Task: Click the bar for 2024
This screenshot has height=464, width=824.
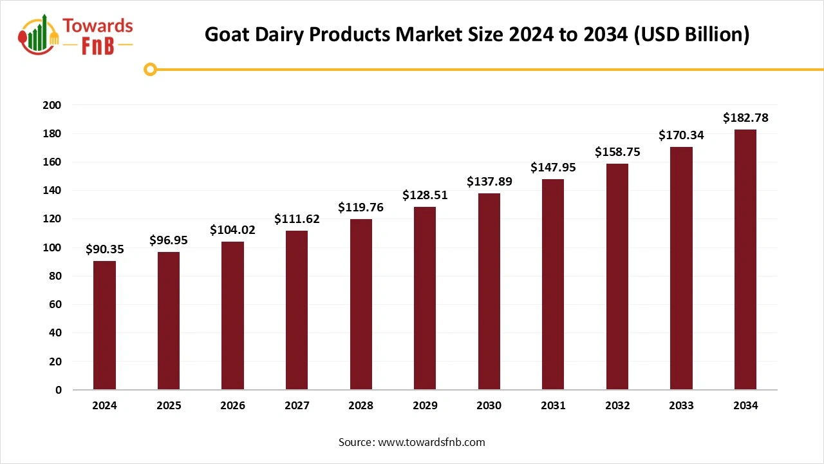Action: [x=104, y=325]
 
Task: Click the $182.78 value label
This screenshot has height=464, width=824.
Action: [x=745, y=118]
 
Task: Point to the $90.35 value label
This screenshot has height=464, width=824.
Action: [x=104, y=249]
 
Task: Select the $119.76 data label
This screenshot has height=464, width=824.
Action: [x=360, y=208]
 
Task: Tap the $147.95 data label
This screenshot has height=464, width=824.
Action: [x=553, y=168]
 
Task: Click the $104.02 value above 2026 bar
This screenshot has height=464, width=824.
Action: [x=232, y=230]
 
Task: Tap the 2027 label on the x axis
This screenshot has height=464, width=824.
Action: [x=297, y=406]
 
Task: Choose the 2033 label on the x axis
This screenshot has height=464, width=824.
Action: [x=681, y=406]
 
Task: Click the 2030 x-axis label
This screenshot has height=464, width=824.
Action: [x=489, y=406]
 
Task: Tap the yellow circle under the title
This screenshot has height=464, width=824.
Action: [x=150, y=69]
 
